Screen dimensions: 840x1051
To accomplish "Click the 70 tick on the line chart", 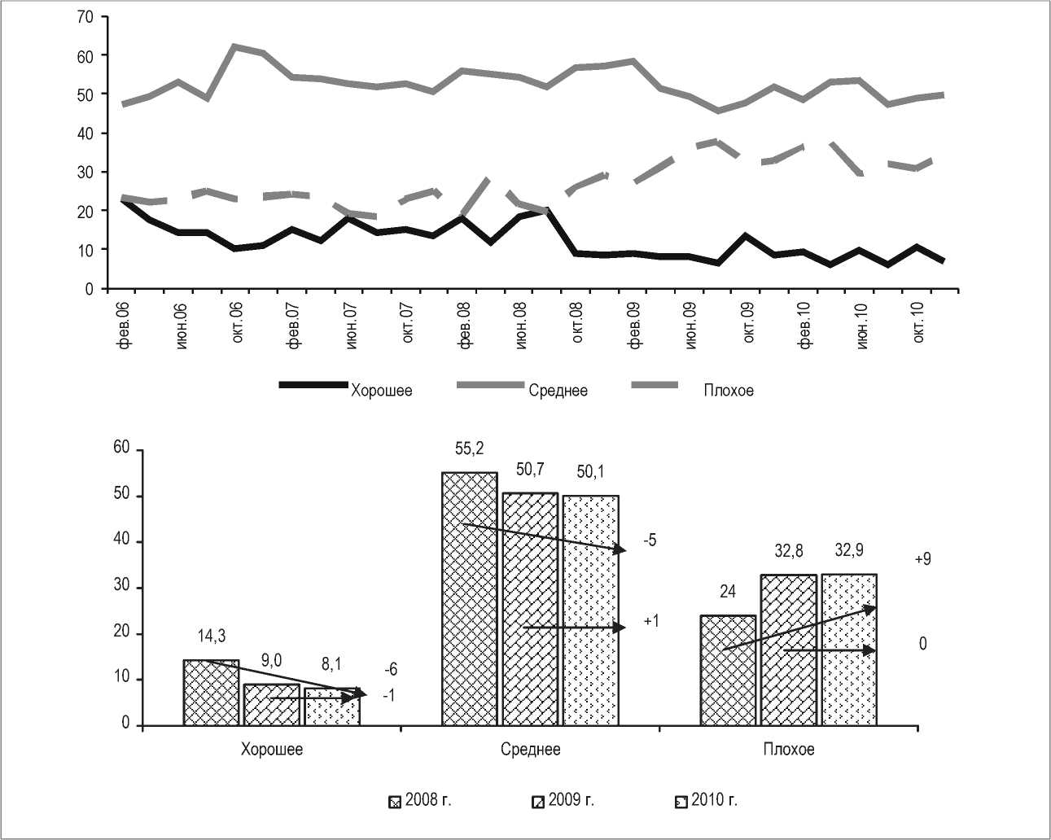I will (84, 16).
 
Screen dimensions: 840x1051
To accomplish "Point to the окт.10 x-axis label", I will (919, 323).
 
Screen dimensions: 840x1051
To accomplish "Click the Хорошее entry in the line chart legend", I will (381, 391).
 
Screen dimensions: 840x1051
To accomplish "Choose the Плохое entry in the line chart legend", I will (729, 391).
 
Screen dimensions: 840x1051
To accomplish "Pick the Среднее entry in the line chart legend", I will (558, 391).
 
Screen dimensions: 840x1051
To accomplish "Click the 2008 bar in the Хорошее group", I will (211, 693).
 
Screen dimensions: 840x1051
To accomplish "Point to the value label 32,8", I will (789, 551).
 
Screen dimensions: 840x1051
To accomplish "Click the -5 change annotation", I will (650, 540).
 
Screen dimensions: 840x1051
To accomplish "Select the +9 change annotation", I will (922, 559).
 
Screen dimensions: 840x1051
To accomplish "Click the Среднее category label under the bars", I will (530, 749).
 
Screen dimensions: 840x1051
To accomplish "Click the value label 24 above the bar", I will (728, 592).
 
